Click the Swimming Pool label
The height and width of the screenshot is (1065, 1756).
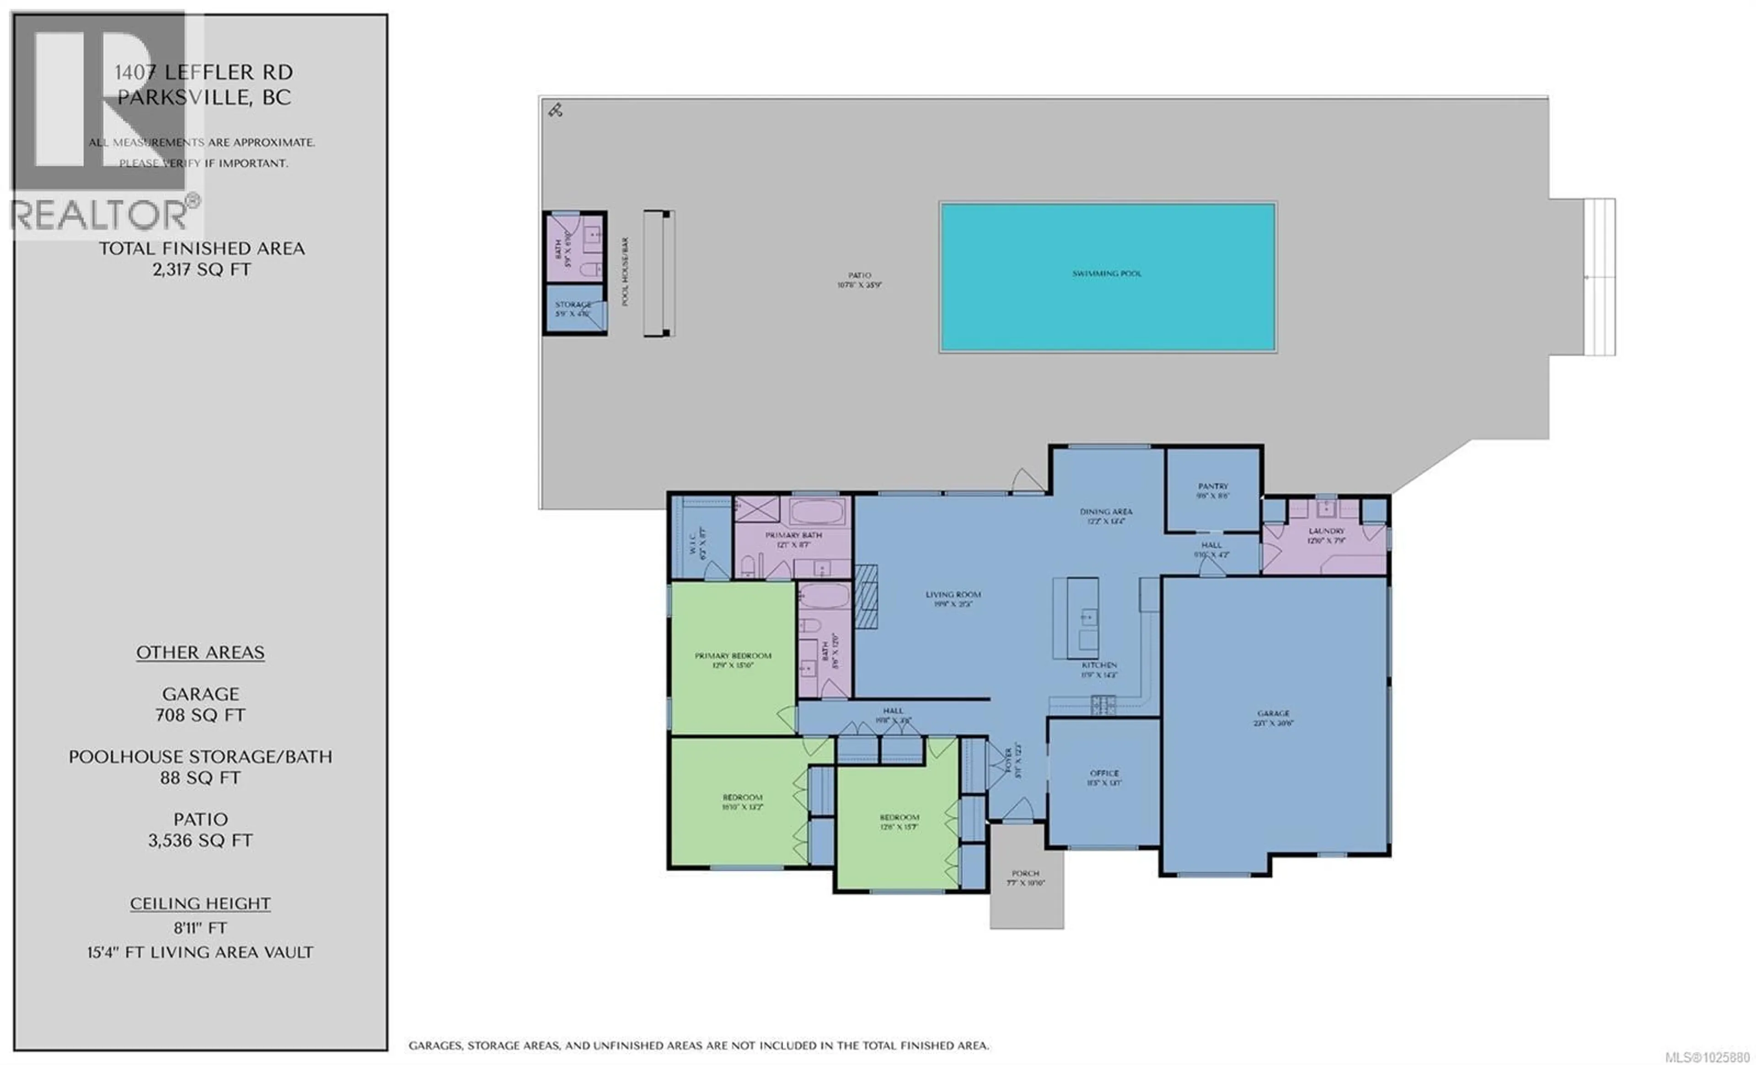(x=1106, y=274)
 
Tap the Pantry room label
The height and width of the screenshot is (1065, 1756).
(x=1212, y=486)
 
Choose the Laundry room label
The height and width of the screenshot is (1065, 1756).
(x=1326, y=531)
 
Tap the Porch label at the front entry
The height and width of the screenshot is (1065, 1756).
(x=1026, y=873)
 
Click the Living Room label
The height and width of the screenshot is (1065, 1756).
(x=953, y=594)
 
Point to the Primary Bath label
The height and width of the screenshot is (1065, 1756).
(x=793, y=535)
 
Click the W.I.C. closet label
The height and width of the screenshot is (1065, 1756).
(x=692, y=542)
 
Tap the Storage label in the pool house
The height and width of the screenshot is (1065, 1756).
(x=573, y=304)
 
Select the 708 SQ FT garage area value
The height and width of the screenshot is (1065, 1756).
(x=200, y=715)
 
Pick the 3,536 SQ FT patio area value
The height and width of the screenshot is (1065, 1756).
(x=200, y=840)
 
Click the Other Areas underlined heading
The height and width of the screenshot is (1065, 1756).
(x=200, y=652)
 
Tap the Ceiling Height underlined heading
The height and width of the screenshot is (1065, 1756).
(x=200, y=903)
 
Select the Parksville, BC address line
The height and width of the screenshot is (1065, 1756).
(x=204, y=97)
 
